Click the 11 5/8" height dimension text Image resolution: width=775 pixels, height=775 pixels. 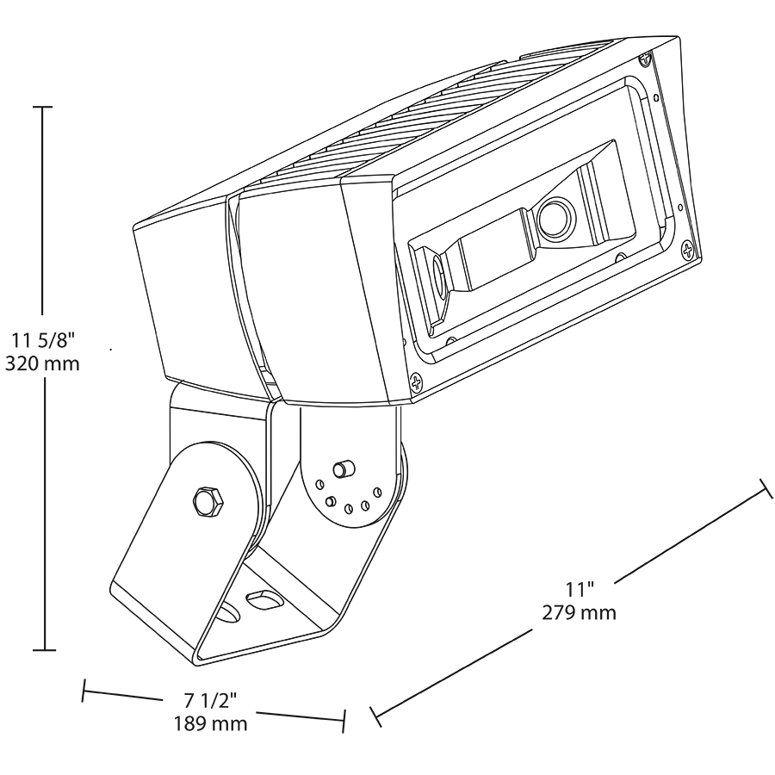tap(42, 340)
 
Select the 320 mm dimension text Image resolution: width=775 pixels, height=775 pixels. tap(42, 364)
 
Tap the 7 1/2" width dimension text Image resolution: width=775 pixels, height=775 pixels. tap(210, 700)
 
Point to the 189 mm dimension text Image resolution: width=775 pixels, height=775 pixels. tap(210, 723)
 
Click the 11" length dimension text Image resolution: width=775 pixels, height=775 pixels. tap(580, 589)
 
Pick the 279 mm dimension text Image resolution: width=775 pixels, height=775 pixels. tap(580, 613)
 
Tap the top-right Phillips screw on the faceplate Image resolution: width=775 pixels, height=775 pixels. tap(646, 59)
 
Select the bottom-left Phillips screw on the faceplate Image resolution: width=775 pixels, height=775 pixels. tap(417, 382)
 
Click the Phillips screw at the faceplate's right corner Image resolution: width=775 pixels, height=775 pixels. tap(688, 251)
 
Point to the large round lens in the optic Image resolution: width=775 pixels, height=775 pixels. tap(555, 218)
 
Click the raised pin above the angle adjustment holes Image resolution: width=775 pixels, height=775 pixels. tap(341, 468)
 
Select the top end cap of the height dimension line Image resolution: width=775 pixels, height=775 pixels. tap(42, 106)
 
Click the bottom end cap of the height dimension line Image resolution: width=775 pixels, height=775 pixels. tap(44, 650)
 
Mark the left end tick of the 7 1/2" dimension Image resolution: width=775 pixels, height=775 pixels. tap(84, 690)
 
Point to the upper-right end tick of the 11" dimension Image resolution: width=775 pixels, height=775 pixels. tap(766, 488)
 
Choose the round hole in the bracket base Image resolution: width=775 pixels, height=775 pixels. tap(229, 613)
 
